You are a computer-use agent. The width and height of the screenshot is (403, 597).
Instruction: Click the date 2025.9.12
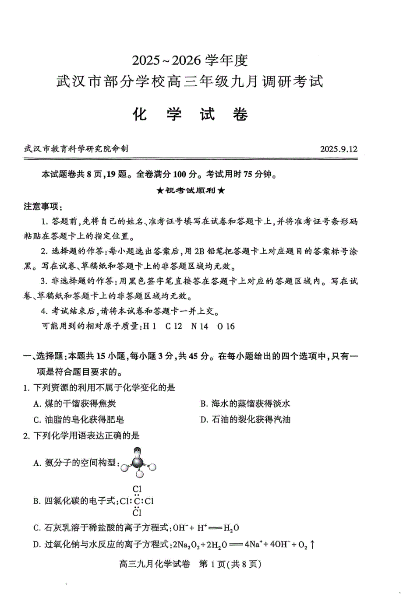[x=338, y=149]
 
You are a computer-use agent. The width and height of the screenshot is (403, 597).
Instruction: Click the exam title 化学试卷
[x=190, y=115]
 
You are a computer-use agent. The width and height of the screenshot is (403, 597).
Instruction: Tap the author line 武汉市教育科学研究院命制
[x=76, y=149]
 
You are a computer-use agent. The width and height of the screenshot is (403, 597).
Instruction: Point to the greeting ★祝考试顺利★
[x=191, y=191]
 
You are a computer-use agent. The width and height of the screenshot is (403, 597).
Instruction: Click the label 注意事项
[x=42, y=206]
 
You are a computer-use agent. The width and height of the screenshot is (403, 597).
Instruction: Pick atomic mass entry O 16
[x=226, y=326]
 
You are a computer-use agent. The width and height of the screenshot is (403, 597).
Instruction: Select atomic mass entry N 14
[x=200, y=326]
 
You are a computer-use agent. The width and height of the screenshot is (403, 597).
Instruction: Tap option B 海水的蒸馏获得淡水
[x=245, y=404]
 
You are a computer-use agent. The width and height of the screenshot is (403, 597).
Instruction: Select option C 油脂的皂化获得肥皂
[x=79, y=420]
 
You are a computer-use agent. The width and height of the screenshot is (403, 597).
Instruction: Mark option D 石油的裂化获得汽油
[x=245, y=420]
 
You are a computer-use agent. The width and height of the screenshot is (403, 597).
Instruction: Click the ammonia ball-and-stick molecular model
[x=138, y=463]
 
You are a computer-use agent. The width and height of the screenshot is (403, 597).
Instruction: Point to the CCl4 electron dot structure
[x=137, y=501]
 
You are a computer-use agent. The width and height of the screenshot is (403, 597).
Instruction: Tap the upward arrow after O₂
[x=312, y=545]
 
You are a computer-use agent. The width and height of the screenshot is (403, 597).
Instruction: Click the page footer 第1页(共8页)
[x=230, y=564]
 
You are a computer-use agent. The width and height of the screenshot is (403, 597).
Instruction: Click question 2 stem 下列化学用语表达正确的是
[x=86, y=435]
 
